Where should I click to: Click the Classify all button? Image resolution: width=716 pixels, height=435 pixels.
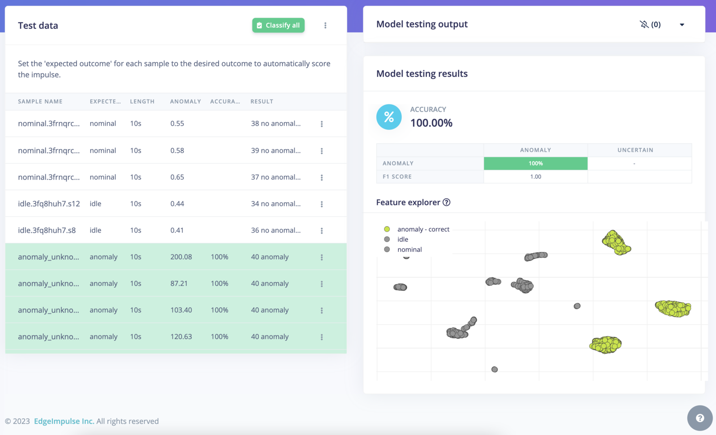tap(278, 26)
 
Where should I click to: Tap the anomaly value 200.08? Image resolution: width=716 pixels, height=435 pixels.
tap(181, 257)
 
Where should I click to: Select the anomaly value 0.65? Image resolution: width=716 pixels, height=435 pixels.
tap(177, 177)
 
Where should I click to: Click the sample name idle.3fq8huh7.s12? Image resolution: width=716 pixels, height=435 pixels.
tap(49, 203)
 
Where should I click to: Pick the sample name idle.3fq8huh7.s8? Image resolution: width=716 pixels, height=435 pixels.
tap(47, 230)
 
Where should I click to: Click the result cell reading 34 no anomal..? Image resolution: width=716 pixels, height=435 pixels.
tap(275, 203)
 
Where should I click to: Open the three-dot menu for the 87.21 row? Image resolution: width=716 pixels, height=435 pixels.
tap(321, 284)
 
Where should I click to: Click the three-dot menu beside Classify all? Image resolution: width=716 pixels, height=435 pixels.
tap(325, 26)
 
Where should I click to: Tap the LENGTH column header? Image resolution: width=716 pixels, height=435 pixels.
tap(142, 102)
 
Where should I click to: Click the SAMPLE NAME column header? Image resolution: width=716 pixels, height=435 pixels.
tap(40, 102)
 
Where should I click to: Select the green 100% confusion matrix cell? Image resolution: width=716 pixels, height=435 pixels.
tap(535, 164)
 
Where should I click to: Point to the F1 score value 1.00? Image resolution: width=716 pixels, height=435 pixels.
tap(535, 177)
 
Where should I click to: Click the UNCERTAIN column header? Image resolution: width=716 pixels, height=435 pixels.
tap(635, 150)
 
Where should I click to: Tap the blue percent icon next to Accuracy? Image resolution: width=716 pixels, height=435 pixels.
tap(389, 117)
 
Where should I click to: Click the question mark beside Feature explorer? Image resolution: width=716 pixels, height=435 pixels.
tap(446, 202)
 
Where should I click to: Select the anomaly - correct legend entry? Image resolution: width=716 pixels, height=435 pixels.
tap(423, 229)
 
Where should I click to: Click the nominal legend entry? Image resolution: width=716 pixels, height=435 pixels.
tap(409, 250)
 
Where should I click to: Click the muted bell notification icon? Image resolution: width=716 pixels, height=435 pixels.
tap(644, 25)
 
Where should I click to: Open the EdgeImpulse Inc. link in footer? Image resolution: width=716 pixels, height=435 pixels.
tap(64, 421)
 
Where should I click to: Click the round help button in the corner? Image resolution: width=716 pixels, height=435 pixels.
tap(700, 418)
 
